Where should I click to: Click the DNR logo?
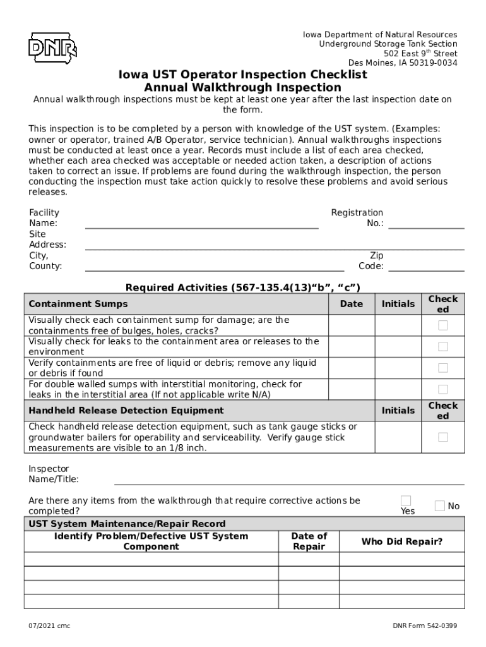52,47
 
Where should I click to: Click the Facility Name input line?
201,224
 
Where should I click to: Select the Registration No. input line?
426,224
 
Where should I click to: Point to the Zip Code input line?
426,267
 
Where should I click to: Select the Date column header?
352,304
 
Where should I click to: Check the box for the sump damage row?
443,325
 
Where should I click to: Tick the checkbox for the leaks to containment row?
443,347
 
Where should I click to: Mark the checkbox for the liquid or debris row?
443,368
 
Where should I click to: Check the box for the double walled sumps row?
443,389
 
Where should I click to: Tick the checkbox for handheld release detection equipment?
443,437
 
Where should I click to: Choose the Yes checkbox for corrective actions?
406,501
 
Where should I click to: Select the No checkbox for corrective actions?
440,505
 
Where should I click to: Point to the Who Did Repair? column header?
401,541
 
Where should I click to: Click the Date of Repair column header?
309,541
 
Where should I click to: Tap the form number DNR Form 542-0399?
424,626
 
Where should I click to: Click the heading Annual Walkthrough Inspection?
242,88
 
